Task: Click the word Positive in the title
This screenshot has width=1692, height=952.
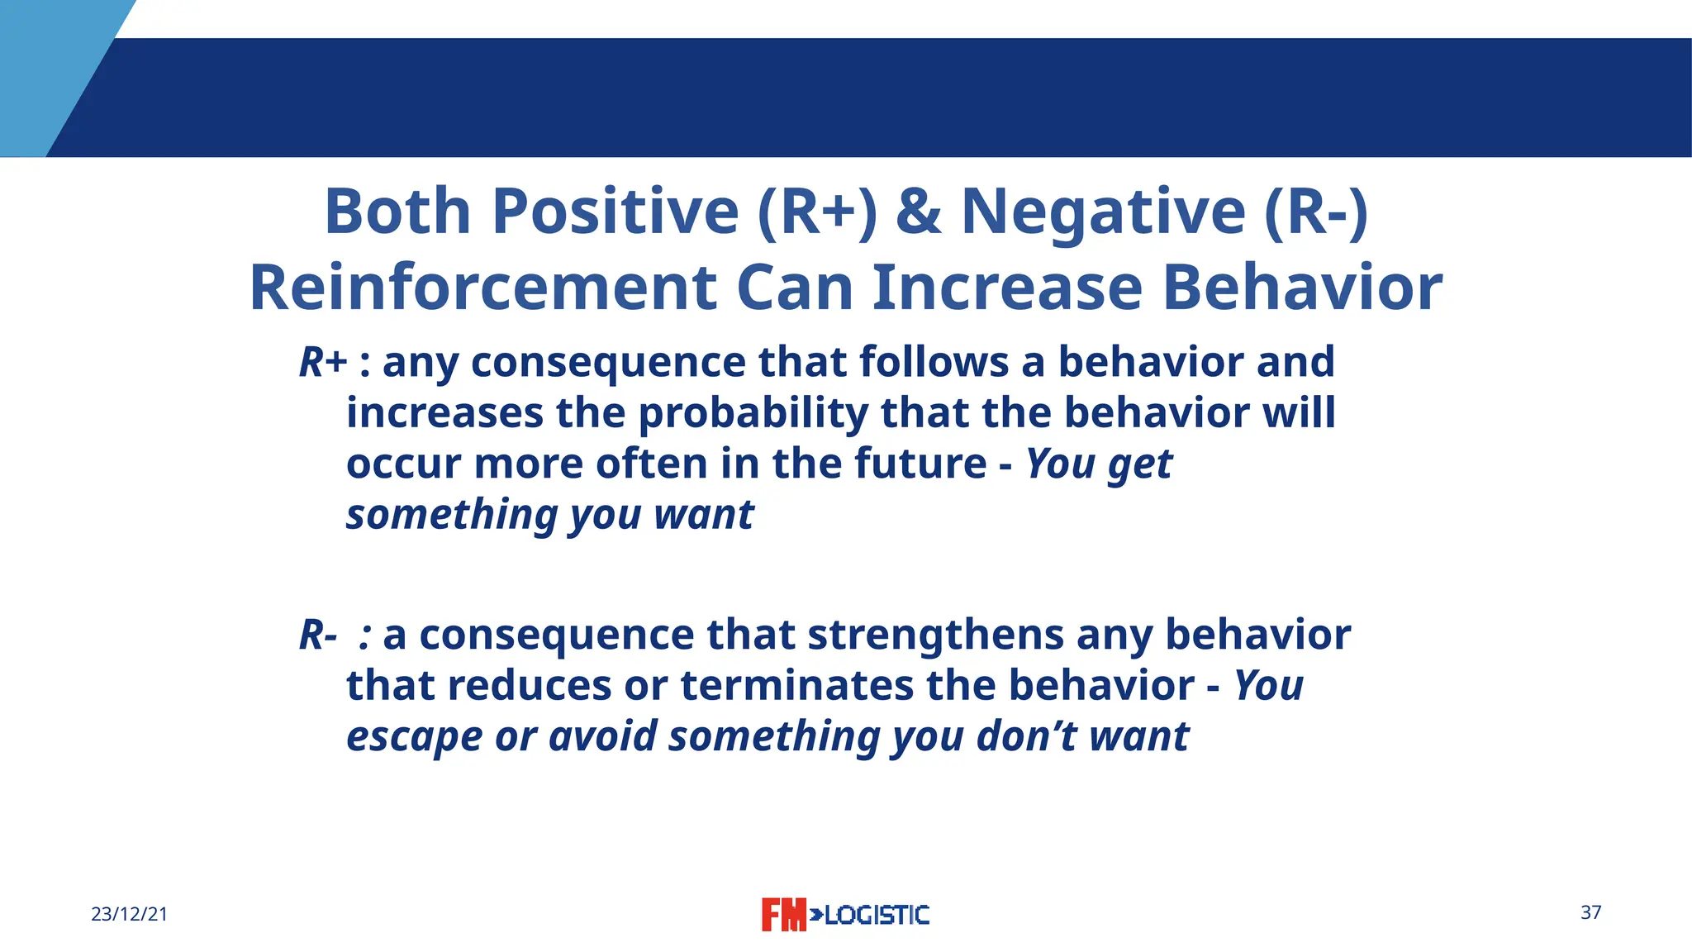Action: pyautogui.click(x=615, y=212)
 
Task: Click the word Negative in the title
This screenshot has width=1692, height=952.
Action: pyautogui.click(x=1103, y=212)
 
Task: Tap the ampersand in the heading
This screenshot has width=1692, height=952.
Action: pyautogui.click(x=918, y=212)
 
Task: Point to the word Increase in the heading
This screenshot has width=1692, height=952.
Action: pyautogui.click(x=1007, y=288)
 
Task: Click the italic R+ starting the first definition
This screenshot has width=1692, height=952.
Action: pyautogui.click(x=322, y=362)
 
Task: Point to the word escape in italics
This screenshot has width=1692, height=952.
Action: pyautogui.click(x=414, y=736)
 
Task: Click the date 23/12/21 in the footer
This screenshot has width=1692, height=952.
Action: pyautogui.click(x=129, y=914)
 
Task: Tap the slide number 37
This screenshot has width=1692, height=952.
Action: pyautogui.click(x=1590, y=912)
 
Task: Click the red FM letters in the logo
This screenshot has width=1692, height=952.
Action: pyautogui.click(x=782, y=915)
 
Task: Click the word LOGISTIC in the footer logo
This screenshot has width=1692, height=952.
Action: pyautogui.click(x=877, y=915)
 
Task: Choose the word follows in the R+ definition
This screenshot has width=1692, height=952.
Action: pyautogui.click(x=934, y=362)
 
